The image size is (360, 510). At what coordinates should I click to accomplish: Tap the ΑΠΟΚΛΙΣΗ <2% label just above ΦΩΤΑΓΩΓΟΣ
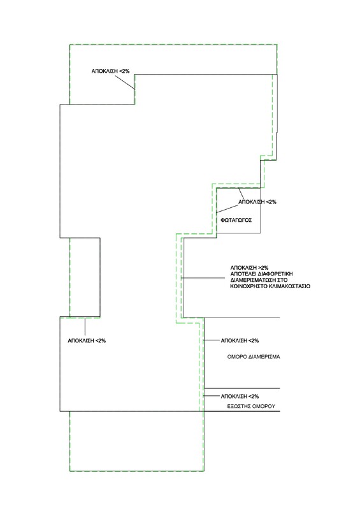point(257,201)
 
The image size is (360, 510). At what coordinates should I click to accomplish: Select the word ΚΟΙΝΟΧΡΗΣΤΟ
point(252,288)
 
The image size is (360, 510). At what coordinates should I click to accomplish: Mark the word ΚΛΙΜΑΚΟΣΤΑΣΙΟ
point(292,288)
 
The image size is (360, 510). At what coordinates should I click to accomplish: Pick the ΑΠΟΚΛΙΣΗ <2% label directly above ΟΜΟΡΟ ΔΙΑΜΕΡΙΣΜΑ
point(238,341)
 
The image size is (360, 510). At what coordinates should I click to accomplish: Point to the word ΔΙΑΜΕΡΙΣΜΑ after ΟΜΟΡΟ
point(266,358)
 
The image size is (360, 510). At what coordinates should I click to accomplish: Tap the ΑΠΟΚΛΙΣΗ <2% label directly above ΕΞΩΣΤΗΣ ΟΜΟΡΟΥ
point(238,397)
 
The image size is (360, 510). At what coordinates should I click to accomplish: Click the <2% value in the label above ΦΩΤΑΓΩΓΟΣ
point(270,201)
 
